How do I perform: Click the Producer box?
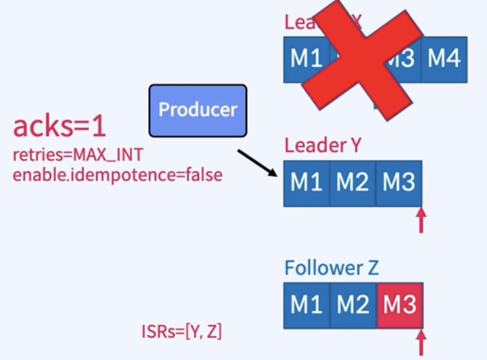(197, 110)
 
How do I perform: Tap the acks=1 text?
(59, 126)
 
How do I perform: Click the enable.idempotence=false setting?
(117, 174)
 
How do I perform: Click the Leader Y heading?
(323, 146)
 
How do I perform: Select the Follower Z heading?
(331, 268)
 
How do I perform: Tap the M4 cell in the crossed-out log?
(444, 59)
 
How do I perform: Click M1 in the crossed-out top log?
(306, 59)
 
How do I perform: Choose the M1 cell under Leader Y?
(306, 183)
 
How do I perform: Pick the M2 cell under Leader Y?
(352, 183)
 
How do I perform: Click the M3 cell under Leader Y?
(399, 183)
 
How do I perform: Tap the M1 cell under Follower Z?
(306, 305)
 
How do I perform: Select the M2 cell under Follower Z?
(352, 305)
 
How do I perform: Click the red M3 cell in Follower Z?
(399, 305)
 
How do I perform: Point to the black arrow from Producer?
(257, 164)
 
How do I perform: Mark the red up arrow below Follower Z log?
(422, 343)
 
